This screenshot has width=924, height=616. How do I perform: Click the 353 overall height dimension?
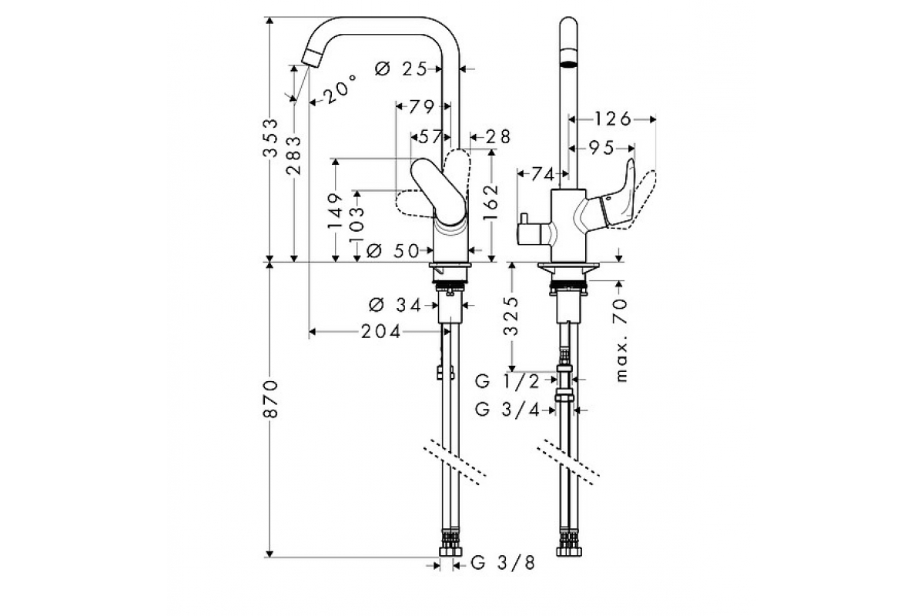coord(271,139)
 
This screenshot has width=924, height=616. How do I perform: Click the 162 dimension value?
coord(493,202)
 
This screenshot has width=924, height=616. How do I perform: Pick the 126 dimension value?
coord(613,119)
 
